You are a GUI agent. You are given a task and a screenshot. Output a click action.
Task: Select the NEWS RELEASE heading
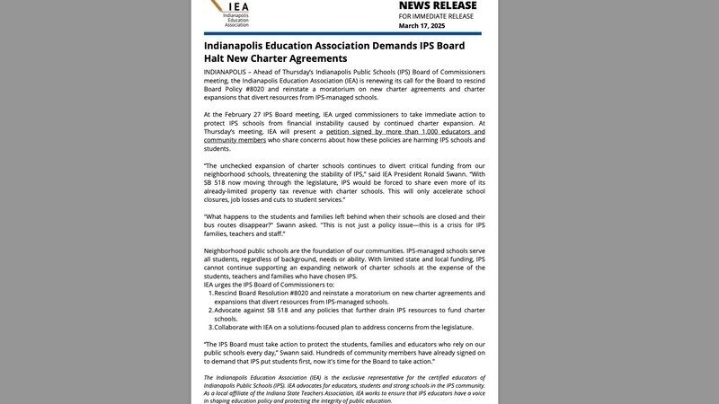pyautogui.click(x=438, y=6)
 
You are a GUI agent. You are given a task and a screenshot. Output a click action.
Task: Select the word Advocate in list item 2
pyautogui.click(x=232, y=311)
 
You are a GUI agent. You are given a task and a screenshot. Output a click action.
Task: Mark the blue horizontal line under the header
pyautogui.click(x=342, y=33)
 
